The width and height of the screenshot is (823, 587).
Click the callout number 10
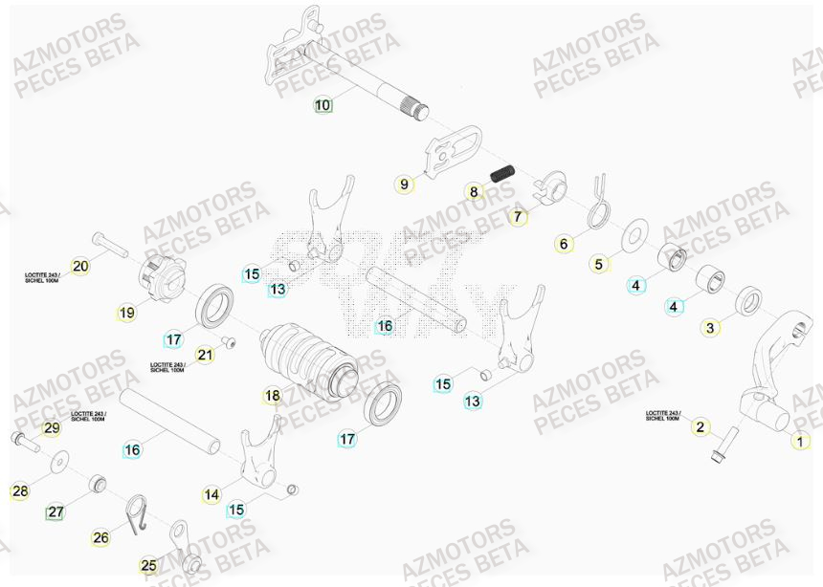pos(323,104)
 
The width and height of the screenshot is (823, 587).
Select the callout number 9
pos(404,184)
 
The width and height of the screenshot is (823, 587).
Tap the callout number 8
pos(473,192)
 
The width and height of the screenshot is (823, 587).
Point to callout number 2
pos(700,426)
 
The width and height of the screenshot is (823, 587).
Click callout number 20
pos(79,266)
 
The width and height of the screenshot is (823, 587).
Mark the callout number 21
pos(205,355)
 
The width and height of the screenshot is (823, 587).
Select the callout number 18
pos(273,395)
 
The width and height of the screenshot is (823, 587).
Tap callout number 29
pos(52,427)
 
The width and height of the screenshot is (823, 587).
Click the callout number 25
pos(148,566)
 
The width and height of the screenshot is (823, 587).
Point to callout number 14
pos(211,494)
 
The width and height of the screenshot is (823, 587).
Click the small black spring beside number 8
pos(503,175)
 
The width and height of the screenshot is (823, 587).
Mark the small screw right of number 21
pos(229,341)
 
